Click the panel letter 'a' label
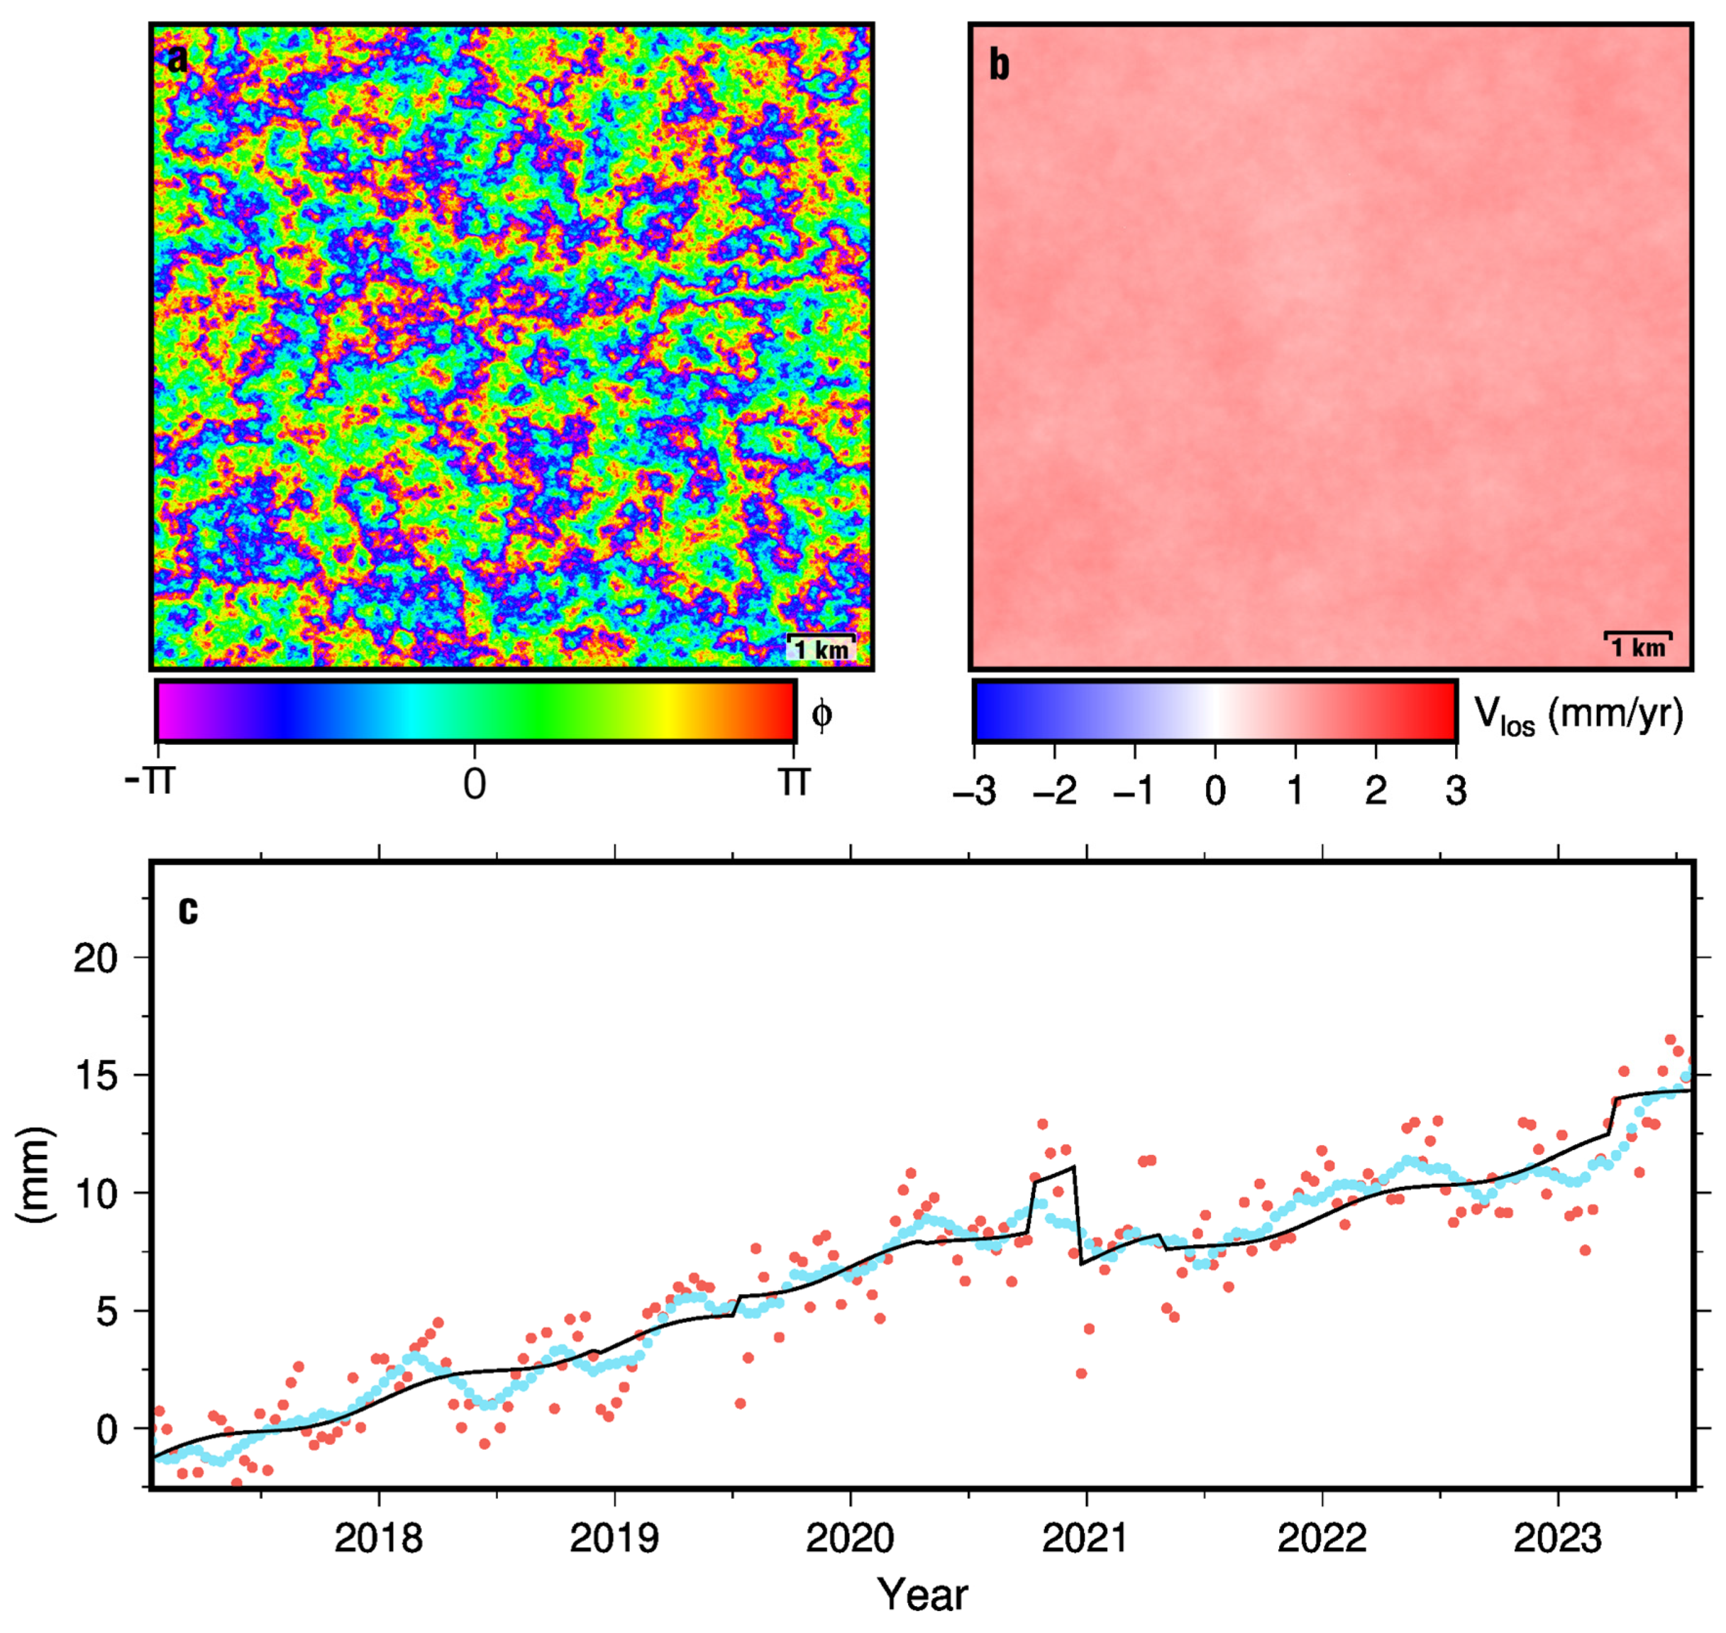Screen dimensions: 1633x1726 point(177,59)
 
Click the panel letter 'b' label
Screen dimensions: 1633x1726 point(999,65)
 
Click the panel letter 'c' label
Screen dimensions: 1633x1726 point(187,910)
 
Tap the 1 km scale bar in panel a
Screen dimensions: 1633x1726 point(821,646)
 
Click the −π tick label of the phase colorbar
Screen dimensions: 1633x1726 point(150,781)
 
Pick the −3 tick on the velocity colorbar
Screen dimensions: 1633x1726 point(975,791)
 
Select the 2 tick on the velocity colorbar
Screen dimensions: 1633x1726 point(1375,791)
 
